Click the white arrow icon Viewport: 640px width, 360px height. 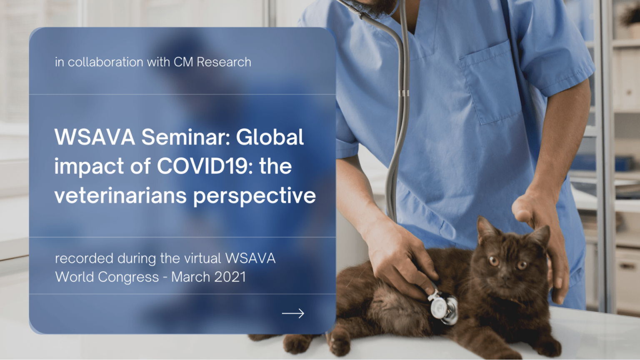293,313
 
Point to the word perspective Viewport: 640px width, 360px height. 255,196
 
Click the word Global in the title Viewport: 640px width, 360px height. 270,137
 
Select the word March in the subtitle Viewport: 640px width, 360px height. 190,277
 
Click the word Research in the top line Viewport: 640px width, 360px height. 224,62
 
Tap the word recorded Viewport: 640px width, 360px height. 84,258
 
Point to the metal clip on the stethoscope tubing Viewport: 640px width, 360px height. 403,93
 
